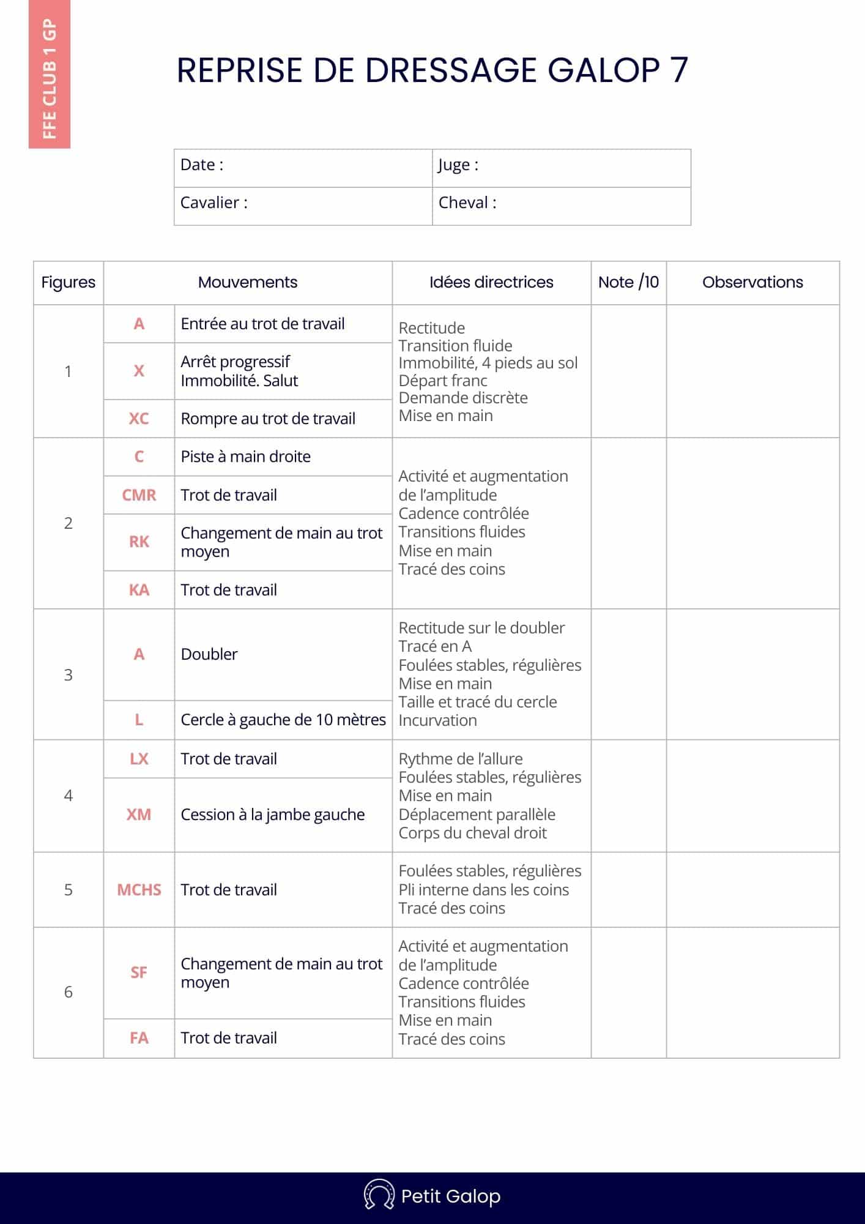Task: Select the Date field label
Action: pyautogui.click(x=202, y=165)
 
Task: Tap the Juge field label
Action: pyautogui.click(x=458, y=165)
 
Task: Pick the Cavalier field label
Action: pyautogui.click(x=214, y=203)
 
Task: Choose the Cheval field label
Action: pyautogui.click(x=467, y=203)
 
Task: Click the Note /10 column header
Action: pyautogui.click(x=628, y=282)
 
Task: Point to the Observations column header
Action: pyautogui.click(x=752, y=282)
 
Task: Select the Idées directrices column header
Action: pyautogui.click(x=491, y=282)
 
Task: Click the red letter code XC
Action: pyautogui.click(x=139, y=419)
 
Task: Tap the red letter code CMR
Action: pyautogui.click(x=139, y=495)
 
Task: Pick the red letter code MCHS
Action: pyautogui.click(x=139, y=890)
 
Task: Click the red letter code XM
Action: pyautogui.click(x=139, y=815)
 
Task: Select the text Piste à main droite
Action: pyautogui.click(x=245, y=457)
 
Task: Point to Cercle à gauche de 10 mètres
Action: pyautogui.click(x=283, y=720)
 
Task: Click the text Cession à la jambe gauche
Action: pyautogui.click(x=273, y=815)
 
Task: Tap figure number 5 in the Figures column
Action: pyautogui.click(x=69, y=890)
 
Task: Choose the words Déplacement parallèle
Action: pyautogui.click(x=477, y=815)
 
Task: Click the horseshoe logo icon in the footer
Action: pyautogui.click(x=379, y=1195)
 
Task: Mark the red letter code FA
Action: pyautogui.click(x=139, y=1038)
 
